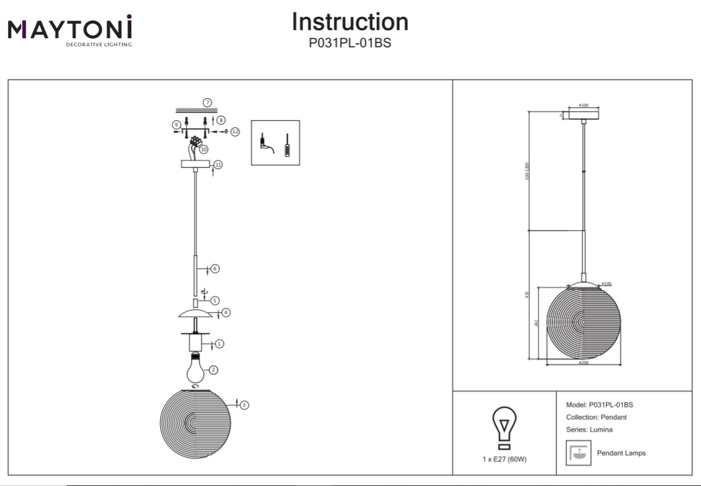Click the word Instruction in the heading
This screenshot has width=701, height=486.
(x=350, y=22)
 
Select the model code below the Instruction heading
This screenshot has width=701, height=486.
(x=350, y=43)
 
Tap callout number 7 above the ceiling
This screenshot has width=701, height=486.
(x=208, y=102)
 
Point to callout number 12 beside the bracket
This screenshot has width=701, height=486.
(x=235, y=131)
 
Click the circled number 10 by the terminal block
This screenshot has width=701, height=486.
(x=204, y=149)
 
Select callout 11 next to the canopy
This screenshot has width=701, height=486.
(x=218, y=165)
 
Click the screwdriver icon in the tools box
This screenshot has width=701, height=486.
(x=286, y=145)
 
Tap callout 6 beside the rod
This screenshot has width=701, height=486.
(x=215, y=269)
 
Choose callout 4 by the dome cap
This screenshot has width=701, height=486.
(x=226, y=313)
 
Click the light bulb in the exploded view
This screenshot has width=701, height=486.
(x=196, y=367)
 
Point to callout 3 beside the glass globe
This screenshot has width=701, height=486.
(x=245, y=405)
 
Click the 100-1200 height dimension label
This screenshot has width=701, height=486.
(x=527, y=172)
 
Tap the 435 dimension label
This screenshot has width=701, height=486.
(x=528, y=295)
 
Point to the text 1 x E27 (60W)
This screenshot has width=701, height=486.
(x=504, y=460)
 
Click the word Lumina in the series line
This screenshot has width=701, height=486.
(x=601, y=429)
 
